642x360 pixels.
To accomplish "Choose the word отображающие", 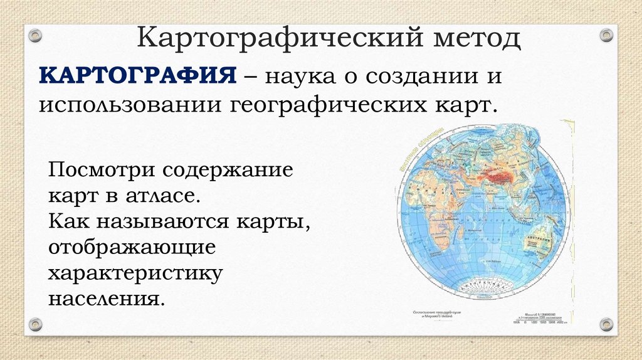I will coord(132,246).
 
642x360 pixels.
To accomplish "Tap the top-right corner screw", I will coord(606,35).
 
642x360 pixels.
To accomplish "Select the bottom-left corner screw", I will coord(35,324).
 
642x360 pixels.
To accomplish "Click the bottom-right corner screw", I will coord(606,324).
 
